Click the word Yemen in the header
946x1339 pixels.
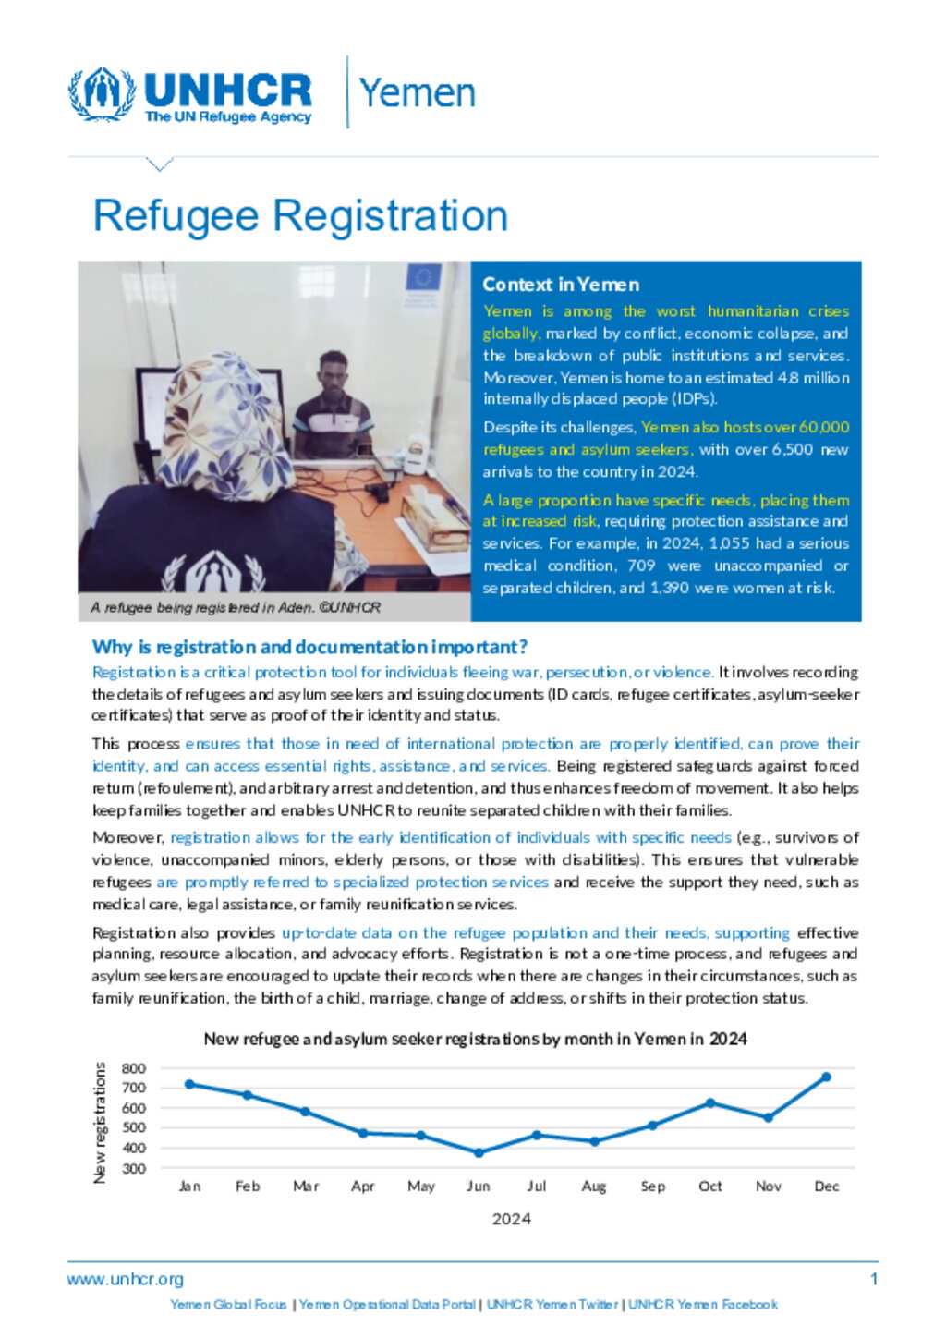417,93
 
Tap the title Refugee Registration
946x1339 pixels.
300,216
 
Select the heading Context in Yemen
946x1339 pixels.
561,285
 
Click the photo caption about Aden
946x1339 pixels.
236,607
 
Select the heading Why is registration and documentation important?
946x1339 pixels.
309,647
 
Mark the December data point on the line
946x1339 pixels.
826,1077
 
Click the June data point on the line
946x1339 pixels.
479,1152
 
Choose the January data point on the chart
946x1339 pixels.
189,1084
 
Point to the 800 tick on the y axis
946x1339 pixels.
134,1068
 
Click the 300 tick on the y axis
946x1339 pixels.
134,1168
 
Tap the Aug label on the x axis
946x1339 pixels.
594,1187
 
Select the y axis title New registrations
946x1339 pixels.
100,1122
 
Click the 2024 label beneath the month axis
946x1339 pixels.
511,1219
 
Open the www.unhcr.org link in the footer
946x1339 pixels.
125,1279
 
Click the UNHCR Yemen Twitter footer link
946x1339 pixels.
552,1305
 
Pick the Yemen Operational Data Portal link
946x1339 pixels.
387,1305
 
